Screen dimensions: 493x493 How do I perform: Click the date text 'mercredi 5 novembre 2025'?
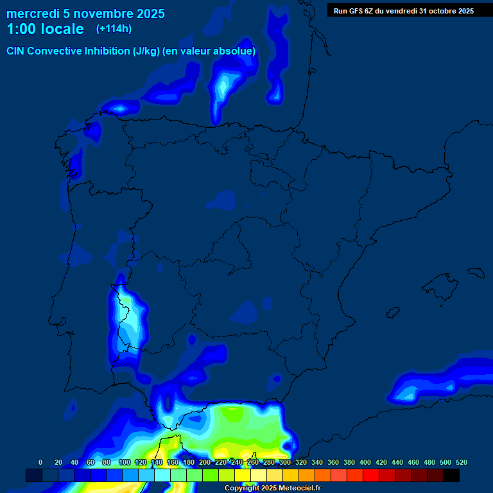tap(85, 13)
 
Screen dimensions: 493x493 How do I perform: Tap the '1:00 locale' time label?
tap(45, 29)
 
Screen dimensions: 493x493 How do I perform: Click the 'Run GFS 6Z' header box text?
tap(404, 10)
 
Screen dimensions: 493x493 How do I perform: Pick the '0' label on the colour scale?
tap(40, 463)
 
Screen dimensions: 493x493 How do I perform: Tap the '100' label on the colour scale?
tap(125, 463)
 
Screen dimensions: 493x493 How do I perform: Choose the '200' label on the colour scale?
tap(205, 463)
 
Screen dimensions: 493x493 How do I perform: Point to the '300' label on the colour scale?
tap(285, 463)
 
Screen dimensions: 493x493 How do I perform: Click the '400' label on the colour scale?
tap(365, 463)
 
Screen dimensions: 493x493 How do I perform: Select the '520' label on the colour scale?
tap(461, 463)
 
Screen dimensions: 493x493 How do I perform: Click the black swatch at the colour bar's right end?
tap(451, 476)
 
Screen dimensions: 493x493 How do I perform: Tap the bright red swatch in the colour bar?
tap(371, 476)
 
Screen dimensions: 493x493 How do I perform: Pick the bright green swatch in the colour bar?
tap(211, 476)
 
